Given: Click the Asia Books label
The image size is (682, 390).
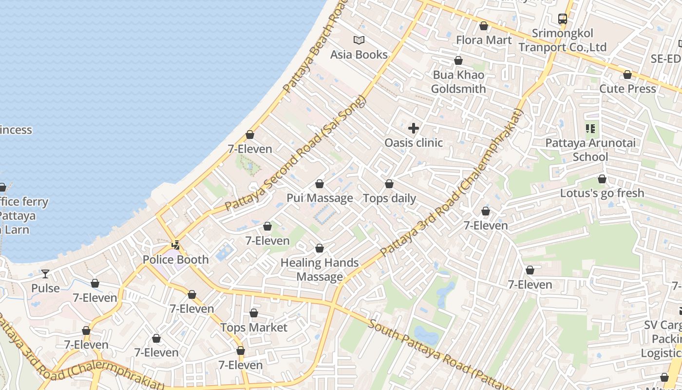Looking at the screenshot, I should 359,55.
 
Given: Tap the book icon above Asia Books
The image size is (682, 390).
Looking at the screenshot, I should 359,40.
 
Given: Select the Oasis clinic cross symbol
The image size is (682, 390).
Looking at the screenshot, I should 414,128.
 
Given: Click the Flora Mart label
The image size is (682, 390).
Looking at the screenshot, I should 484,40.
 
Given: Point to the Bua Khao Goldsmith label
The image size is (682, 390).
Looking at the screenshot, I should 458,82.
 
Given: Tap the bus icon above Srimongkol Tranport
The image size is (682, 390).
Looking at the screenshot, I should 563,19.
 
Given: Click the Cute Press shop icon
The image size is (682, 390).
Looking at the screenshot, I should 627,75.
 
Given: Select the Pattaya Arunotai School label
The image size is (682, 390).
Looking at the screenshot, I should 590,150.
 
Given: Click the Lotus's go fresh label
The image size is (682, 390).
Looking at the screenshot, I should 602,193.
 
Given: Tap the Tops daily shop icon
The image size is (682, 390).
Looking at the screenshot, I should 389,184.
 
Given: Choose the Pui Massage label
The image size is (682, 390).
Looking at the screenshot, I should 320,198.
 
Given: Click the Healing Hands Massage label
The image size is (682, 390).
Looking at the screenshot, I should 320,270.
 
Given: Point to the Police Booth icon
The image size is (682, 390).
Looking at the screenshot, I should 175,245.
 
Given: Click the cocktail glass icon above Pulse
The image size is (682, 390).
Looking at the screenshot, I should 45,273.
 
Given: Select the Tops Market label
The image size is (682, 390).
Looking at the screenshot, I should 254,328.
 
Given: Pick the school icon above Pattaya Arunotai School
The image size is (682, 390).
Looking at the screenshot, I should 590,129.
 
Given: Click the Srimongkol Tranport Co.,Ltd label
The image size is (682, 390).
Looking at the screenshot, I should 563,40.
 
